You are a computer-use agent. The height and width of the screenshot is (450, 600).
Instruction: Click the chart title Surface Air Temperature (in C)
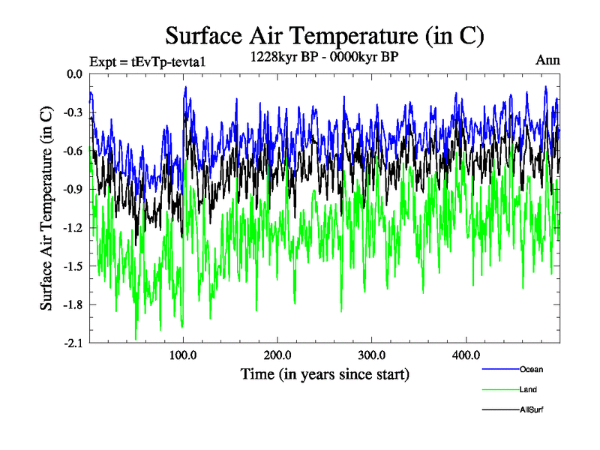[325, 35]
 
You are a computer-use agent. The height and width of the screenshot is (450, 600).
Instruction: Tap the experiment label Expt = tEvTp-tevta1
[147, 61]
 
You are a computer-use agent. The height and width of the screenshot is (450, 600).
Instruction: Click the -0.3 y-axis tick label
[73, 112]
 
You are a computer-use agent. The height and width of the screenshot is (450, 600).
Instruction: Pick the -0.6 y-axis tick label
[73, 151]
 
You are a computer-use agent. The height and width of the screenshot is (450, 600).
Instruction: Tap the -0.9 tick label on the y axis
[73, 190]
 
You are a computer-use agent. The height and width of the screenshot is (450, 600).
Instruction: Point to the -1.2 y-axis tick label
[73, 228]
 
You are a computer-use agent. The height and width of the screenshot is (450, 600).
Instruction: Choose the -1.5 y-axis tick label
[73, 266]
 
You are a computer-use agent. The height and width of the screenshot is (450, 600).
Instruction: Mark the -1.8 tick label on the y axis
[73, 305]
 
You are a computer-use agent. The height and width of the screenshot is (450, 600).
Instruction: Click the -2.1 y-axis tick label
[73, 343]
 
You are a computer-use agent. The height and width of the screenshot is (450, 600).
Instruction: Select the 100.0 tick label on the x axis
[184, 355]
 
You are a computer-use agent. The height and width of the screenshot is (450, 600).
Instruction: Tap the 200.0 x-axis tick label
[277, 355]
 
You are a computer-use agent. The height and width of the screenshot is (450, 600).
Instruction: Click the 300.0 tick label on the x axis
[372, 355]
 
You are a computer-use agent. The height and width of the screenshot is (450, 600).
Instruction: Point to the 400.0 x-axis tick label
[466, 355]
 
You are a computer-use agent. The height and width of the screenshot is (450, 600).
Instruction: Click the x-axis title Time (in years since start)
[325, 373]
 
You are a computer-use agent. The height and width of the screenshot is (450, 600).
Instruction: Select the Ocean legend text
[531, 369]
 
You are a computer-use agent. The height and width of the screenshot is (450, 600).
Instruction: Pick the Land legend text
[528, 389]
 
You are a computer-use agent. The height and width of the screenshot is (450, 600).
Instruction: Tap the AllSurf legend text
[531, 409]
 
